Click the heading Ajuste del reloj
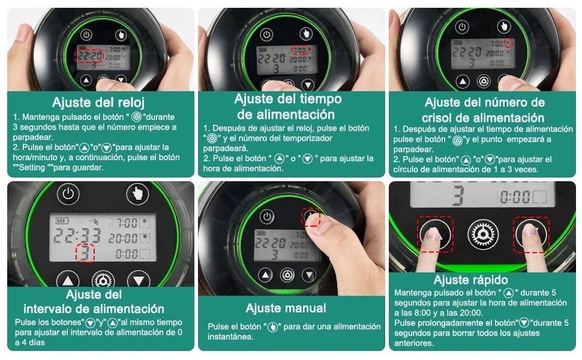click(x=98, y=102)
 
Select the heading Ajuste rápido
click(x=471, y=280)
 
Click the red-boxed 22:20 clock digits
click(x=89, y=57)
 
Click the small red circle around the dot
click(x=509, y=43)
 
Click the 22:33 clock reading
click(x=77, y=233)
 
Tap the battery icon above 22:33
click(x=62, y=220)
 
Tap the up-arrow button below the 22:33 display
click(x=68, y=280)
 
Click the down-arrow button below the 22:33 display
click(x=139, y=280)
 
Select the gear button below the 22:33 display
click(x=103, y=281)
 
